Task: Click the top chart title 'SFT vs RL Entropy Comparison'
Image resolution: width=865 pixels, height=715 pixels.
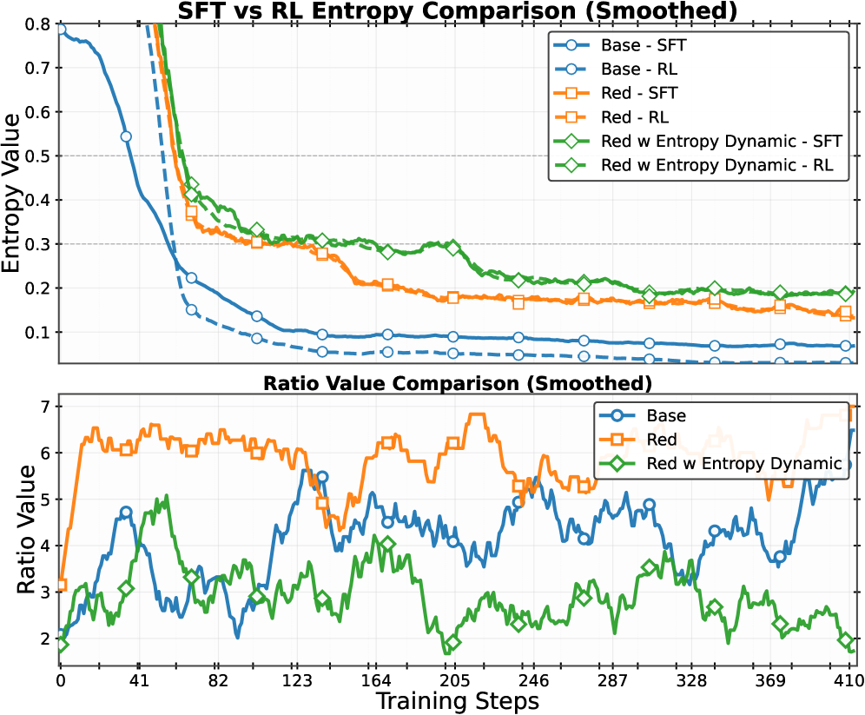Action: pos(457,10)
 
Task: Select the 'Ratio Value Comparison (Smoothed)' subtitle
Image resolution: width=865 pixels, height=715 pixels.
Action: pos(457,382)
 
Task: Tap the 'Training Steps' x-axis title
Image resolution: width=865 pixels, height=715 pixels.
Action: pos(457,700)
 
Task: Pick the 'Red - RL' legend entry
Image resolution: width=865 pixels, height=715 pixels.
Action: pos(634,116)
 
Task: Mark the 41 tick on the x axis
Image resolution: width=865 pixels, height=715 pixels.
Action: pos(139,680)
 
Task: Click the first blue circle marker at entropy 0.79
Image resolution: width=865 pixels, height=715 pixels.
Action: pos(62,30)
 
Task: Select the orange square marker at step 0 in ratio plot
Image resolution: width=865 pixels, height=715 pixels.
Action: pos(61,585)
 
